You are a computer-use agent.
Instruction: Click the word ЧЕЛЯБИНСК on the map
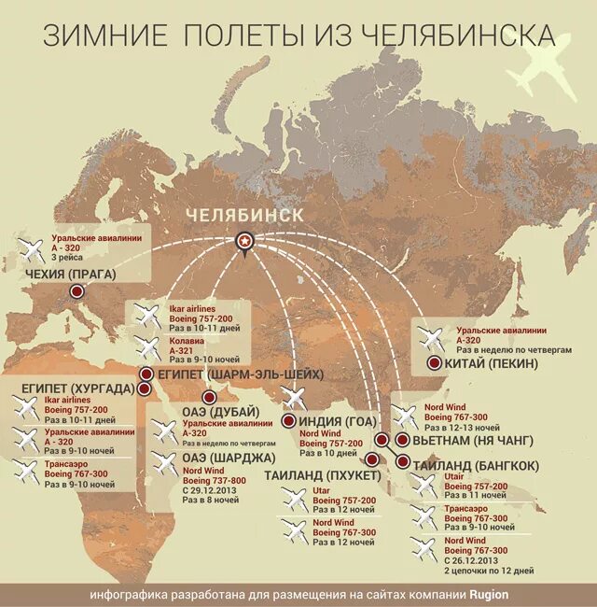[244, 215]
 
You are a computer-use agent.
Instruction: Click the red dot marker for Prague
[77, 292]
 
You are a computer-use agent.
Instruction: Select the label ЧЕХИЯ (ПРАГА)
[72, 274]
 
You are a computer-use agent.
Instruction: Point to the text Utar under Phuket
[322, 489]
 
